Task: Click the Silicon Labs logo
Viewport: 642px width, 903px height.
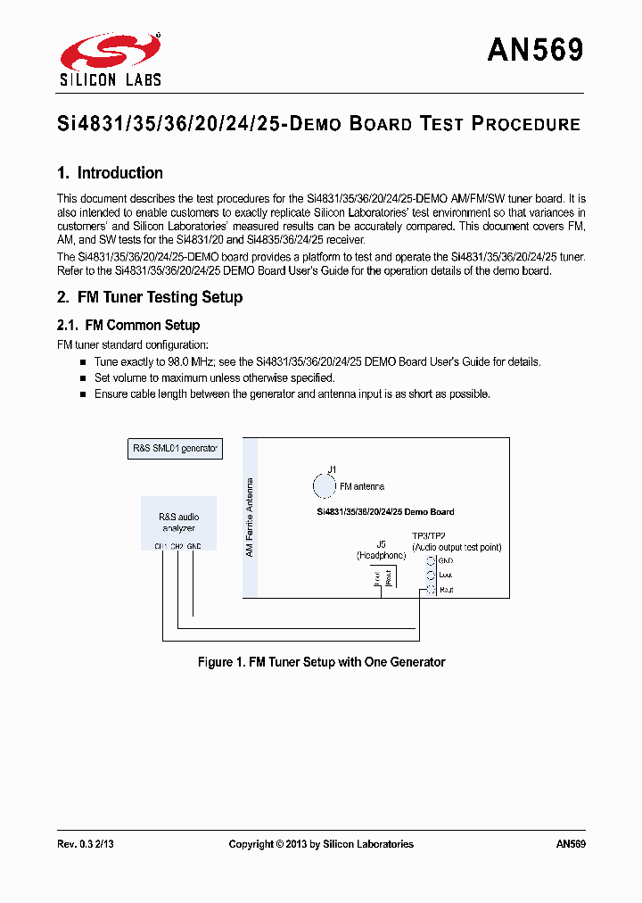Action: click(x=110, y=59)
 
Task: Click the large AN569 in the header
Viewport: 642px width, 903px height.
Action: click(x=535, y=51)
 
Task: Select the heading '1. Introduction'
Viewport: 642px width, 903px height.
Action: click(x=110, y=173)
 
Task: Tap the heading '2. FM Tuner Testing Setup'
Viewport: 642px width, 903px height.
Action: click(x=150, y=297)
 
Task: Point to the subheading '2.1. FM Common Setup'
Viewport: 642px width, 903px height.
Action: click(x=128, y=326)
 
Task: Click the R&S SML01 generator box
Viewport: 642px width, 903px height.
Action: click(x=174, y=449)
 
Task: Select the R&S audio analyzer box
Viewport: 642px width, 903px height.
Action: click(x=178, y=523)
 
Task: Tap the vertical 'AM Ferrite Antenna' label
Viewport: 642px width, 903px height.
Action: click(x=250, y=516)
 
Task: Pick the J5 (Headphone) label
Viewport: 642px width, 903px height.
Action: click(x=381, y=550)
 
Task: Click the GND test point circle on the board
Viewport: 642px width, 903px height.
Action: click(x=431, y=560)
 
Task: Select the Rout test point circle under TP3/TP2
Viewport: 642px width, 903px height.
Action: click(x=431, y=590)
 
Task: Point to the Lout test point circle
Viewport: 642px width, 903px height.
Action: click(x=431, y=576)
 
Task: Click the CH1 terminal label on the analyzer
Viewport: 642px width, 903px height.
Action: click(x=160, y=546)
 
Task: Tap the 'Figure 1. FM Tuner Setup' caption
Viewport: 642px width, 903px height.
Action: click(x=321, y=662)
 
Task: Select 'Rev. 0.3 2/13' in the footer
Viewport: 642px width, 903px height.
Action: click(x=86, y=844)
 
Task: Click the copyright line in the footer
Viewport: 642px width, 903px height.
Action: click(x=321, y=844)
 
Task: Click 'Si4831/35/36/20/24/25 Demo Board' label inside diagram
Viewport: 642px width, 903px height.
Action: click(x=385, y=512)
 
